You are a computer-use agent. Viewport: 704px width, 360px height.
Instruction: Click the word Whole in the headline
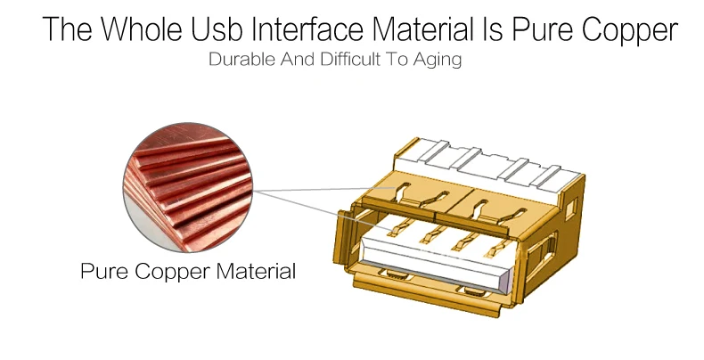(141, 29)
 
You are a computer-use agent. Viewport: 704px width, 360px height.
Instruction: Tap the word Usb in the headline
(217, 29)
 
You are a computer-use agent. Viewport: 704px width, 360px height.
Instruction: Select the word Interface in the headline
(307, 29)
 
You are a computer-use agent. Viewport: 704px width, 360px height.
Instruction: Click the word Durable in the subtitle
(242, 59)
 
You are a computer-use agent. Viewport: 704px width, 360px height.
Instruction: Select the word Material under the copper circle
(256, 271)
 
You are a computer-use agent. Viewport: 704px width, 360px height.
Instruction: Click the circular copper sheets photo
(188, 187)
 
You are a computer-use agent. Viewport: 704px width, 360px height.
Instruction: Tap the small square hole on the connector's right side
(570, 209)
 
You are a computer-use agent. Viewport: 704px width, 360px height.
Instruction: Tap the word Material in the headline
(423, 29)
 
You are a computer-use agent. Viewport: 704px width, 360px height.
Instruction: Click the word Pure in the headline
(544, 29)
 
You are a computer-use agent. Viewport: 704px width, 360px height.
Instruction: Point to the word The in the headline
(68, 29)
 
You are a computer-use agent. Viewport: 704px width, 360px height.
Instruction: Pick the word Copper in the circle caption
(172, 272)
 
